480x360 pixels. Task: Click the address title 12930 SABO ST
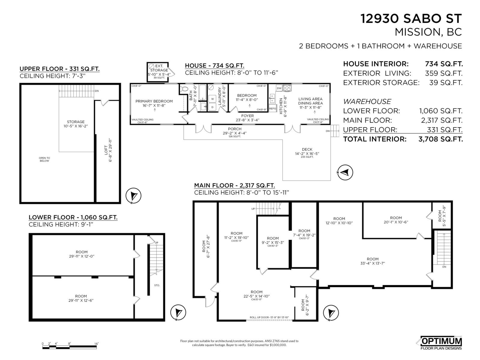tap(411, 19)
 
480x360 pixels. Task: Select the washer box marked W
tap(212, 99)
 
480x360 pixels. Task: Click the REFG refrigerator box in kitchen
tap(272, 109)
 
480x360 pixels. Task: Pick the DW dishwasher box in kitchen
tap(279, 88)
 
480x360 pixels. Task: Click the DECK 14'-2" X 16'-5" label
tap(307, 151)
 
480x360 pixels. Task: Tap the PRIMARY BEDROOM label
tap(154, 103)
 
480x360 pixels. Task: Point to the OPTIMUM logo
tap(441, 341)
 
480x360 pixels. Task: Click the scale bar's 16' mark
tap(97, 344)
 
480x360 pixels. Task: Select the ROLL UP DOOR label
tap(269, 317)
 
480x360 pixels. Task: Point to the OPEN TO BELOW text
tap(44, 159)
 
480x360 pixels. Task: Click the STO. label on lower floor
tap(157, 285)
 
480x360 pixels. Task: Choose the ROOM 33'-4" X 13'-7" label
tap(373, 261)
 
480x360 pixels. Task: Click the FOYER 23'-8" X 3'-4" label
tap(247, 118)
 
